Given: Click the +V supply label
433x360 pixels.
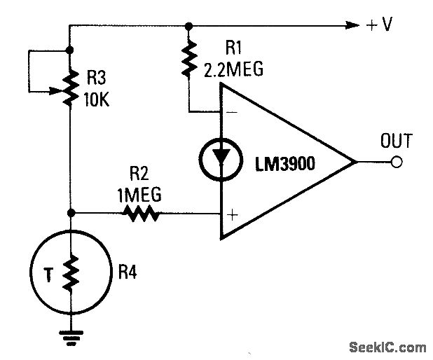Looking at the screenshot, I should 379,26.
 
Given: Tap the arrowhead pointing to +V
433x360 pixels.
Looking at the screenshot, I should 350,26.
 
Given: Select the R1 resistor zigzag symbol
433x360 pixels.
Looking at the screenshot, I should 188,60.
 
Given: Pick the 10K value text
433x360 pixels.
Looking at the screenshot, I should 97,99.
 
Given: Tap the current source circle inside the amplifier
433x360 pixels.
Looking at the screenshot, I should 223,160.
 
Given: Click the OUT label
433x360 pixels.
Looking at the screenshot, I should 396,141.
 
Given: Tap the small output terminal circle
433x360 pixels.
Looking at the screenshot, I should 396,162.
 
